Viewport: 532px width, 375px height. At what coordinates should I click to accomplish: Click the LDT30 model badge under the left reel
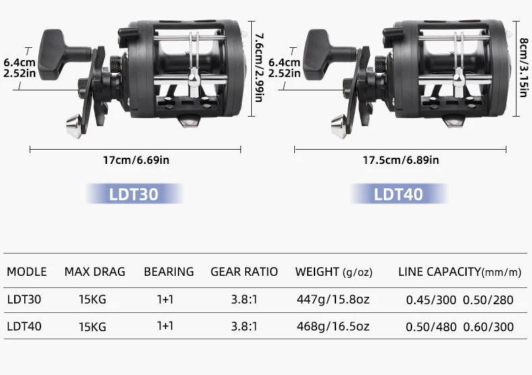[x=134, y=194]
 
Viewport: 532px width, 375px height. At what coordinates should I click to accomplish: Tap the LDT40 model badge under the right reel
[x=399, y=194]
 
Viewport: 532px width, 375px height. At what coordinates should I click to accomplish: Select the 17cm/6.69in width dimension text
[x=136, y=160]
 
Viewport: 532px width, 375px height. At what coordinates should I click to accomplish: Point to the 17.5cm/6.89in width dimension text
[x=401, y=160]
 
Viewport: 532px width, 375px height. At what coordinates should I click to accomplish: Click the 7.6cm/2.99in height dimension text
[x=259, y=67]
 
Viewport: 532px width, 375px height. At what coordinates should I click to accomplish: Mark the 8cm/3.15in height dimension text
[x=524, y=67]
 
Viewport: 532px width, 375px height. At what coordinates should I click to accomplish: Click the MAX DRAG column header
[x=95, y=272]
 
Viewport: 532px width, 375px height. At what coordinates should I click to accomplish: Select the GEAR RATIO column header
[x=244, y=272]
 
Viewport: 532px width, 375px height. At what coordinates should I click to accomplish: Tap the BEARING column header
[x=168, y=272]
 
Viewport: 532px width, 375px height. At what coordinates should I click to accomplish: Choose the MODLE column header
[x=27, y=272]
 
